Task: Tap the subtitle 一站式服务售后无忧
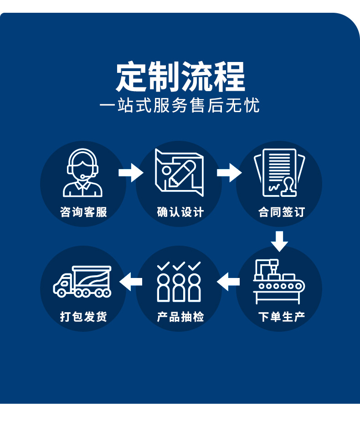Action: pyautogui.click(x=180, y=106)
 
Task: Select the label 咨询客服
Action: pyautogui.click(x=83, y=212)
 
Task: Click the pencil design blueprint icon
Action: pyautogui.click(x=179, y=173)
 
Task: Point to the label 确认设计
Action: pyautogui.click(x=180, y=212)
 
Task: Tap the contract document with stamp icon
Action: pyautogui.click(x=279, y=173)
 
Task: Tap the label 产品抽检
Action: pyautogui.click(x=180, y=317)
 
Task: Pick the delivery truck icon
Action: pyautogui.click(x=82, y=282)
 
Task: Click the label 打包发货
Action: pyautogui.click(x=83, y=317)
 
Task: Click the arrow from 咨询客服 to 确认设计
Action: pyautogui.click(x=131, y=173)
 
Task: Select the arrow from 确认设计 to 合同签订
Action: pyautogui.click(x=229, y=173)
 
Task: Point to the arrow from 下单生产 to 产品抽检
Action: pyautogui.click(x=228, y=282)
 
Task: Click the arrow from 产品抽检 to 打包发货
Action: pyautogui.click(x=131, y=282)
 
